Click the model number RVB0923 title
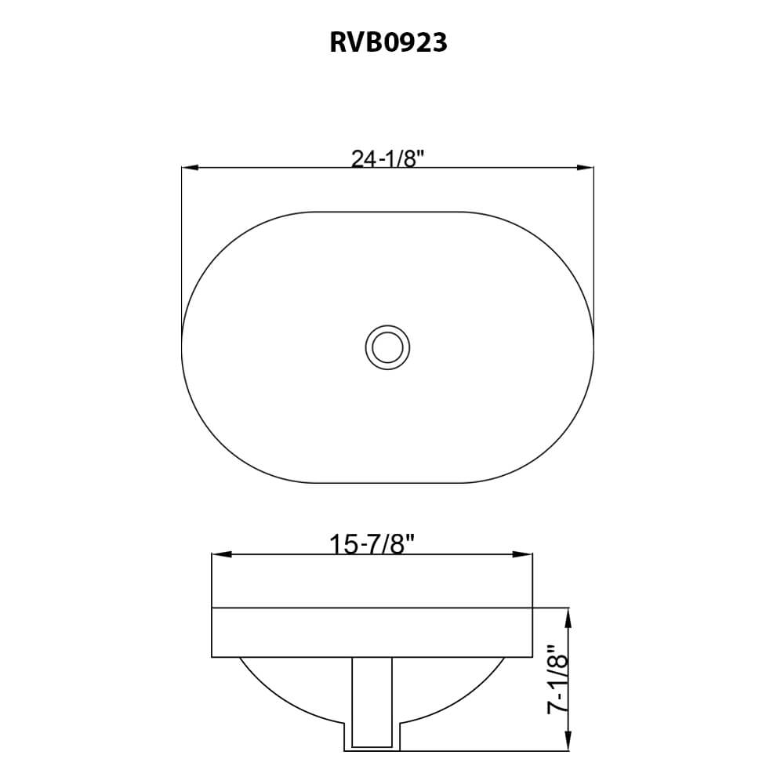click(x=388, y=42)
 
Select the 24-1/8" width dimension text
click(x=387, y=159)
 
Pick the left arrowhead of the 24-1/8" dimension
click(x=189, y=167)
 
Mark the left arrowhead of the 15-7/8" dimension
click(x=220, y=554)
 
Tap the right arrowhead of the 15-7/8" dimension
click(x=524, y=554)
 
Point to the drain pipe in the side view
click(x=372, y=702)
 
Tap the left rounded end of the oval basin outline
click(x=182, y=346)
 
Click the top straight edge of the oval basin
click(x=387, y=211)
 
